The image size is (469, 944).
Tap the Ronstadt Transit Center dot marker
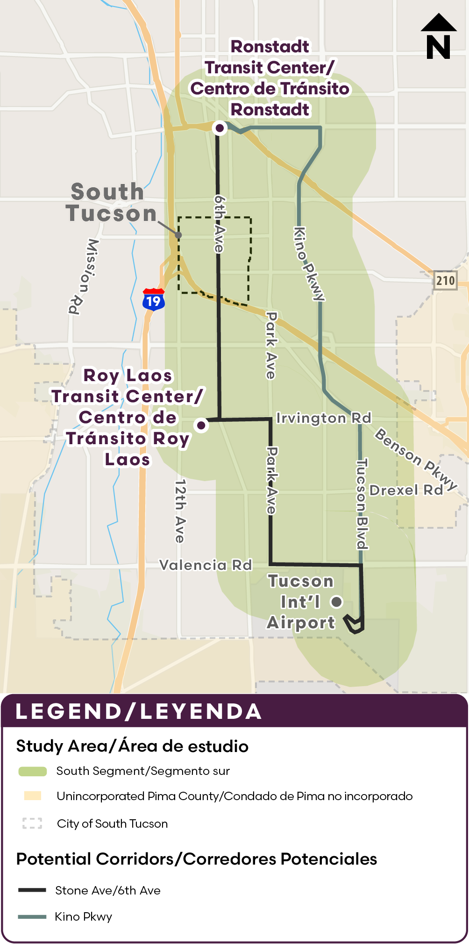tap(220, 128)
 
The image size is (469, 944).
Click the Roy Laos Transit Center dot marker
tap(201, 425)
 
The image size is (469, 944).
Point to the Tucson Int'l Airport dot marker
tap(336, 602)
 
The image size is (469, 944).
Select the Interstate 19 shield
tap(153, 299)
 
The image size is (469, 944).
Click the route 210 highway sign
tap(445, 280)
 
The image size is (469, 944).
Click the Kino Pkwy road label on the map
tap(308, 263)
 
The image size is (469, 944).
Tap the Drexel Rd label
tap(406, 490)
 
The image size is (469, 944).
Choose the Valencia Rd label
tap(206, 565)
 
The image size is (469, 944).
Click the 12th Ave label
tap(180, 511)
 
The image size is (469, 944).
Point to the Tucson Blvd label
tap(362, 504)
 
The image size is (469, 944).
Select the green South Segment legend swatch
tap(32, 771)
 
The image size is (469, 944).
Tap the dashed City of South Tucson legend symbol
tap(32, 823)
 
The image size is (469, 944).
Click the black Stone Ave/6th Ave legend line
tap(32, 890)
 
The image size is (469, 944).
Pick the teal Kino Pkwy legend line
tap(32, 916)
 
